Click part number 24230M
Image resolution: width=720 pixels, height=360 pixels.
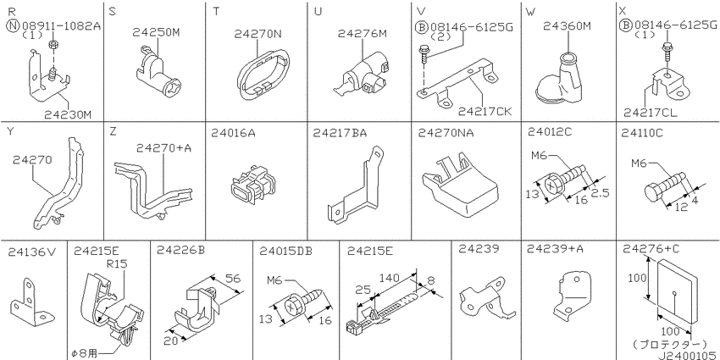pyautogui.click(x=68, y=114)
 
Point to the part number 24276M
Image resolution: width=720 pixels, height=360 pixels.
pyautogui.click(x=363, y=34)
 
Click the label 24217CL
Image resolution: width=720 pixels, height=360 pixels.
pyautogui.click(x=651, y=112)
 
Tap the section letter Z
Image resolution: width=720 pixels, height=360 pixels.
pyautogui.click(x=113, y=132)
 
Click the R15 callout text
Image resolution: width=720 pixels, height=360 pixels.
pyautogui.click(x=117, y=264)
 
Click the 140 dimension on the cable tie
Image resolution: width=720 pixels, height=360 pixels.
pyautogui.click(x=390, y=277)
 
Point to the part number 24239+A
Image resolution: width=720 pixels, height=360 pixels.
pyautogui.click(x=555, y=249)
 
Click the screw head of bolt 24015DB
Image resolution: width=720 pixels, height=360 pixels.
pyautogui.click(x=293, y=306)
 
